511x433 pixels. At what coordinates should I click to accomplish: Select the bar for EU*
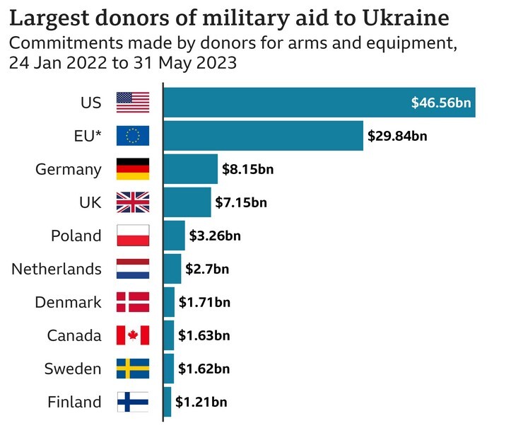(x=263, y=136)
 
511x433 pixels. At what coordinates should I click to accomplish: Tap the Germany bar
(x=190, y=169)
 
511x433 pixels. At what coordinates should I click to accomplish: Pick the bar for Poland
(x=174, y=236)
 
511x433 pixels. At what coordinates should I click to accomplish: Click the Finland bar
(x=168, y=402)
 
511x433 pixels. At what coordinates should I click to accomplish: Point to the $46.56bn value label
(x=441, y=103)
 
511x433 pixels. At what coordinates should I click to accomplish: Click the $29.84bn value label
(x=397, y=136)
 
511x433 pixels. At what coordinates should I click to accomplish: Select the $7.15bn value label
(x=241, y=203)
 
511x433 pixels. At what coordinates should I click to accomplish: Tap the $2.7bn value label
(x=207, y=269)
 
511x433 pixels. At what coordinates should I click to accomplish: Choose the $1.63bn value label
(x=204, y=335)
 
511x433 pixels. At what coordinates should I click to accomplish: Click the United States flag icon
(x=133, y=103)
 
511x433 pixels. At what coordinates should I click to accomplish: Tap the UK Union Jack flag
(x=133, y=202)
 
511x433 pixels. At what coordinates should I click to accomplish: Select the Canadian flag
(x=133, y=335)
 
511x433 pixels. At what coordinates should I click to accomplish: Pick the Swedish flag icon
(x=133, y=369)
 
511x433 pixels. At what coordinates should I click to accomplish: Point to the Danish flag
(x=133, y=302)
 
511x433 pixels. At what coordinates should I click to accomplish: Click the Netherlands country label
(x=57, y=269)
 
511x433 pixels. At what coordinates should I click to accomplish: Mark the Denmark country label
(x=68, y=302)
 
